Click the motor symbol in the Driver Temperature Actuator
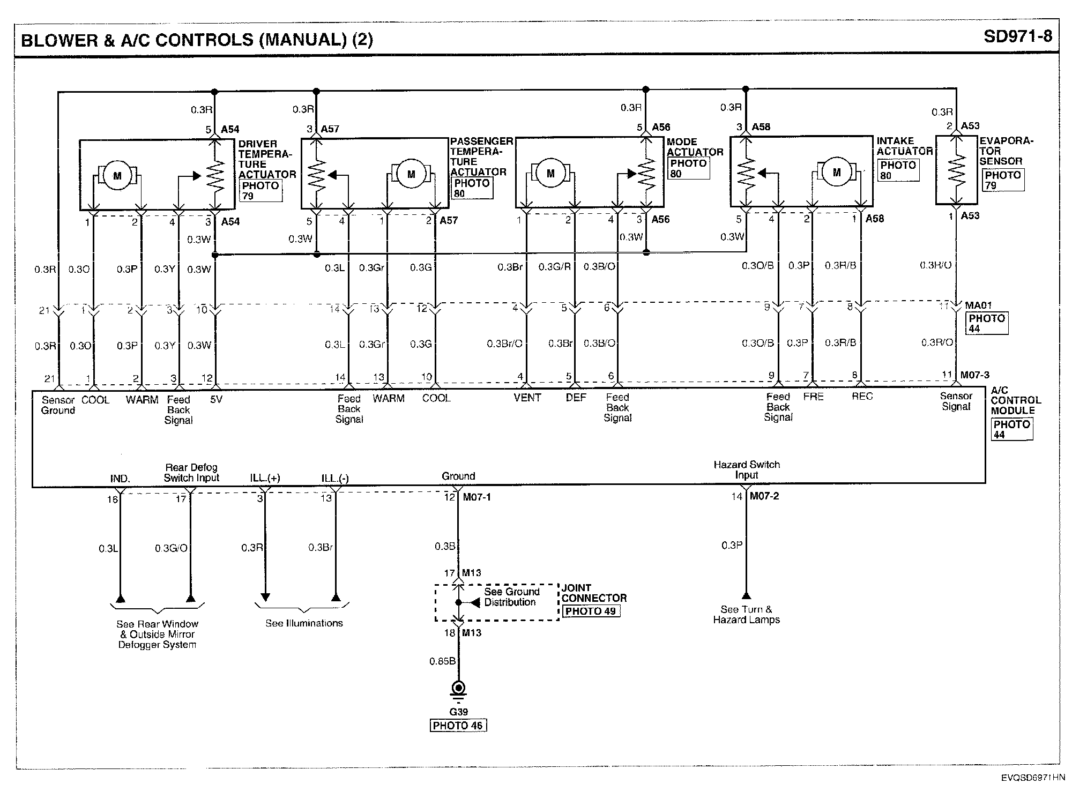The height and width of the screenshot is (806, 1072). (x=117, y=176)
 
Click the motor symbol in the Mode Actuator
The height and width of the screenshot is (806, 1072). (x=550, y=173)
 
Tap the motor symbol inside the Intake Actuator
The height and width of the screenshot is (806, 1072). (x=837, y=172)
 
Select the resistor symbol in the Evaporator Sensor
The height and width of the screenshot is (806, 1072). (x=956, y=170)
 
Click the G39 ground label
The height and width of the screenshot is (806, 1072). (x=458, y=712)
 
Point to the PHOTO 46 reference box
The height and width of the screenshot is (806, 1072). (x=458, y=726)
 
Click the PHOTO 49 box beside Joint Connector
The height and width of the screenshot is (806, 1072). (x=591, y=611)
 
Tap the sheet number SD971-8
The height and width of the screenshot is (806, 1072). (x=1018, y=36)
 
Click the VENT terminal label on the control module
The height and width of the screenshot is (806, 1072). (x=527, y=398)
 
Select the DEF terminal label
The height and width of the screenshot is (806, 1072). (x=576, y=398)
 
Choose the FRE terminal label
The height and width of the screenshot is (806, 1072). (x=813, y=397)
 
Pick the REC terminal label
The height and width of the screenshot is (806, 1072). (x=862, y=397)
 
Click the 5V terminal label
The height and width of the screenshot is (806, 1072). (x=216, y=400)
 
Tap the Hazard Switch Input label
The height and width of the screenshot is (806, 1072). (x=747, y=469)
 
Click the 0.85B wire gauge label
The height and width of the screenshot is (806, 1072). (x=442, y=661)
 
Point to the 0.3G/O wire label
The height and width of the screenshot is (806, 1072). (x=171, y=548)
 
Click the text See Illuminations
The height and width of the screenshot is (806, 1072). (x=304, y=623)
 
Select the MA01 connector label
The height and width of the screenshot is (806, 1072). (x=978, y=305)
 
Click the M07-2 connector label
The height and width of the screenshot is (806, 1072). (x=764, y=496)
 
